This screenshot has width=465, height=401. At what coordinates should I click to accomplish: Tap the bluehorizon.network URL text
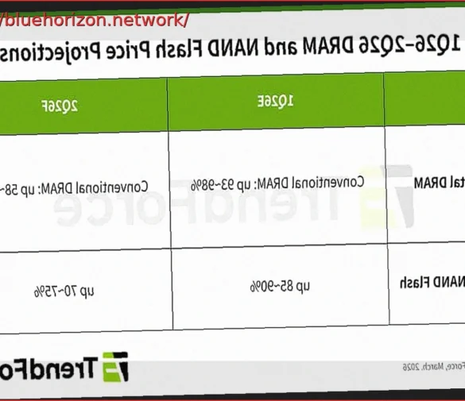point(95,19)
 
